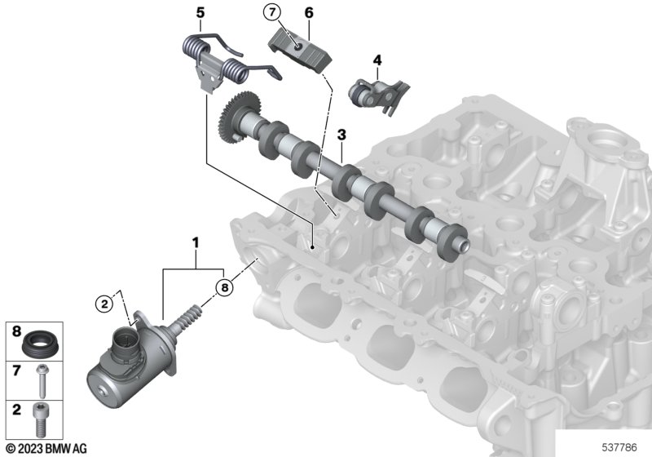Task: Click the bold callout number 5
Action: pos(200,13)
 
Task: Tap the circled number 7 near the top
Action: pos(272,12)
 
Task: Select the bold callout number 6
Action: pos(309,13)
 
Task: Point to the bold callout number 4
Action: pos(377,60)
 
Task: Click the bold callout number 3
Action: pos(341,135)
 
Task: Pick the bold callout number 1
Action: pos(195,242)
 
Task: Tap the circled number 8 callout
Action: pos(225,287)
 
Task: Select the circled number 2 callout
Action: pos(104,304)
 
